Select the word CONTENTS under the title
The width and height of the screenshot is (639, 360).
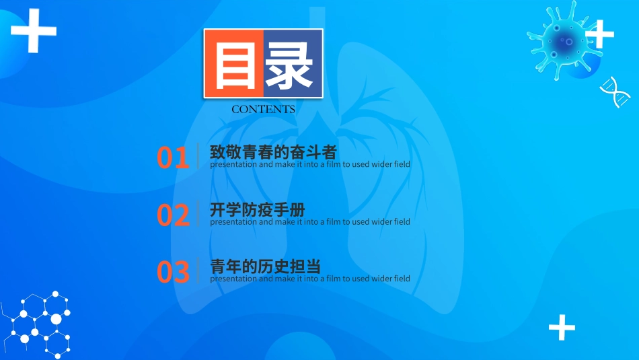263,109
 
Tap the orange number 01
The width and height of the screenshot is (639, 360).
173,157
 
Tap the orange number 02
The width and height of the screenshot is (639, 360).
173,215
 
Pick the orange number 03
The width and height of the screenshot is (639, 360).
173,272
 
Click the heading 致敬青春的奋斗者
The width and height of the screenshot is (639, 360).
273,151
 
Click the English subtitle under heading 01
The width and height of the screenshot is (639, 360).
309,164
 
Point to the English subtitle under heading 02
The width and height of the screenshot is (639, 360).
309,221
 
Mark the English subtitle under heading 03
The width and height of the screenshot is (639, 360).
309,279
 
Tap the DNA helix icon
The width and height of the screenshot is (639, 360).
615,92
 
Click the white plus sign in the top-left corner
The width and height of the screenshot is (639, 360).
34,30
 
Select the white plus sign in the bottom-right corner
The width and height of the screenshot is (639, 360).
562,328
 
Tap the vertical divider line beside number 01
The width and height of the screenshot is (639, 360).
198,156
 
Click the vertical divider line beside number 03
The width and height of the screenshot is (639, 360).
198,271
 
